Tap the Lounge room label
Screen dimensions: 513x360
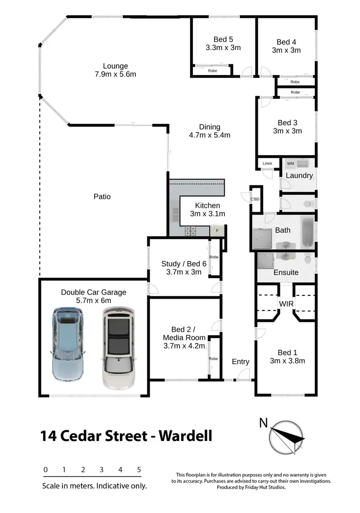click(x=115, y=66)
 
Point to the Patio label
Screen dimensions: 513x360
click(x=102, y=196)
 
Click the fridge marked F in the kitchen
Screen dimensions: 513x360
click(x=217, y=231)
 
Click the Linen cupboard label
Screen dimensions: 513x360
click(x=267, y=164)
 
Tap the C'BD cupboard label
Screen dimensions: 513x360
click(x=255, y=199)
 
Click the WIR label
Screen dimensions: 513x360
click(x=287, y=304)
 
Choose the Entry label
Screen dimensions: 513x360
click(x=240, y=362)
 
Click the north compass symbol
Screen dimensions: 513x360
click(x=287, y=436)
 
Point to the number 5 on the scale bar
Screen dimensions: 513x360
click(x=139, y=470)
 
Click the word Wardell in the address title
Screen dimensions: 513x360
click(x=185, y=436)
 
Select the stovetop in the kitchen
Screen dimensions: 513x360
click(x=191, y=231)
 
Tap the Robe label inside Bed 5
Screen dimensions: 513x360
click(x=212, y=71)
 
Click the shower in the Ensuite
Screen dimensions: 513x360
click(x=264, y=260)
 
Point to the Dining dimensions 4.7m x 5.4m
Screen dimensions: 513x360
click(x=210, y=135)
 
